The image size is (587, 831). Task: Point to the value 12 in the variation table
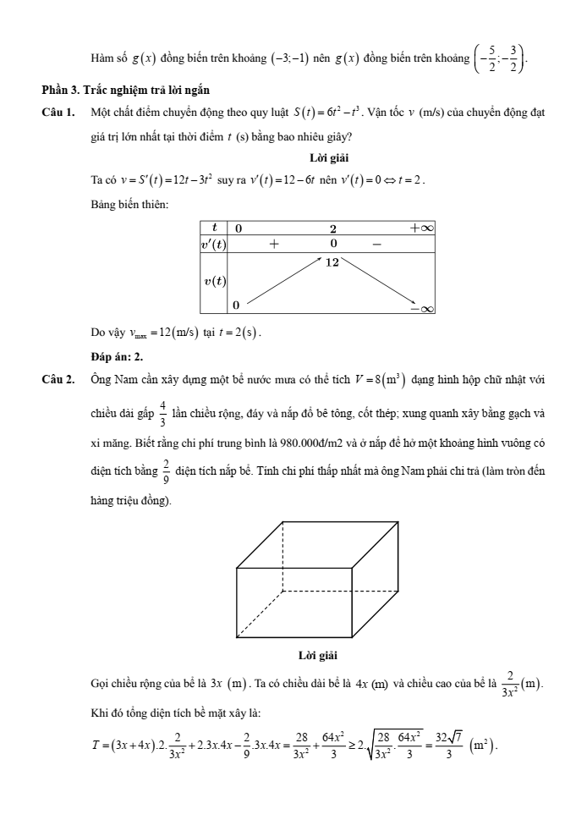coord(332,262)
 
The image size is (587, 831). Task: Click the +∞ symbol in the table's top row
coord(420,228)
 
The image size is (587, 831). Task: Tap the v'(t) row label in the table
coord(214,244)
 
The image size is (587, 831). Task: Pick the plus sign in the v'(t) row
coord(274,244)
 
